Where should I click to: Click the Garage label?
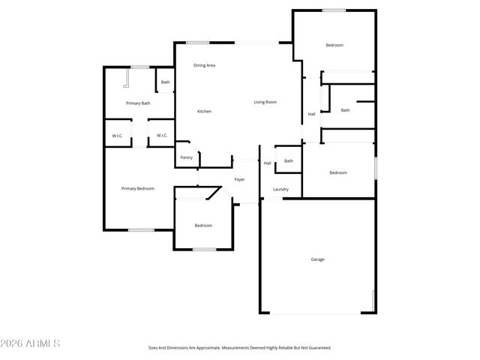point(318,259)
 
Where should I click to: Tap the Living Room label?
point(265,102)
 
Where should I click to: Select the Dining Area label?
point(205,66)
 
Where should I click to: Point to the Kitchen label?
point(204,112)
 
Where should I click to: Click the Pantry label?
point(187,157)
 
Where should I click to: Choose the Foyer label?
point(240,180)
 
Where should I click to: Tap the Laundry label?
point(281,190)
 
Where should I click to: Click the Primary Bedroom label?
point(138,189)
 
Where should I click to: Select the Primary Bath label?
point(138,103)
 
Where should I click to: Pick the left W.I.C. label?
point(118,136)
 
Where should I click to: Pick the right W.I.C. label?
point(162,136)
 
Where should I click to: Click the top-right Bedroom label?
point(334,46)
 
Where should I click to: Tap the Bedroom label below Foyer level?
point(203,226)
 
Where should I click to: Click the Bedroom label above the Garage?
point(338,173)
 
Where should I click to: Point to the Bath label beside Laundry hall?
point(288,161)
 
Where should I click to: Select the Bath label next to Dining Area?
point(165,82)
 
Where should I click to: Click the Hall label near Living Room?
point(311,115)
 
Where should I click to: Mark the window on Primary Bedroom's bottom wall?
point(140,230)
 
